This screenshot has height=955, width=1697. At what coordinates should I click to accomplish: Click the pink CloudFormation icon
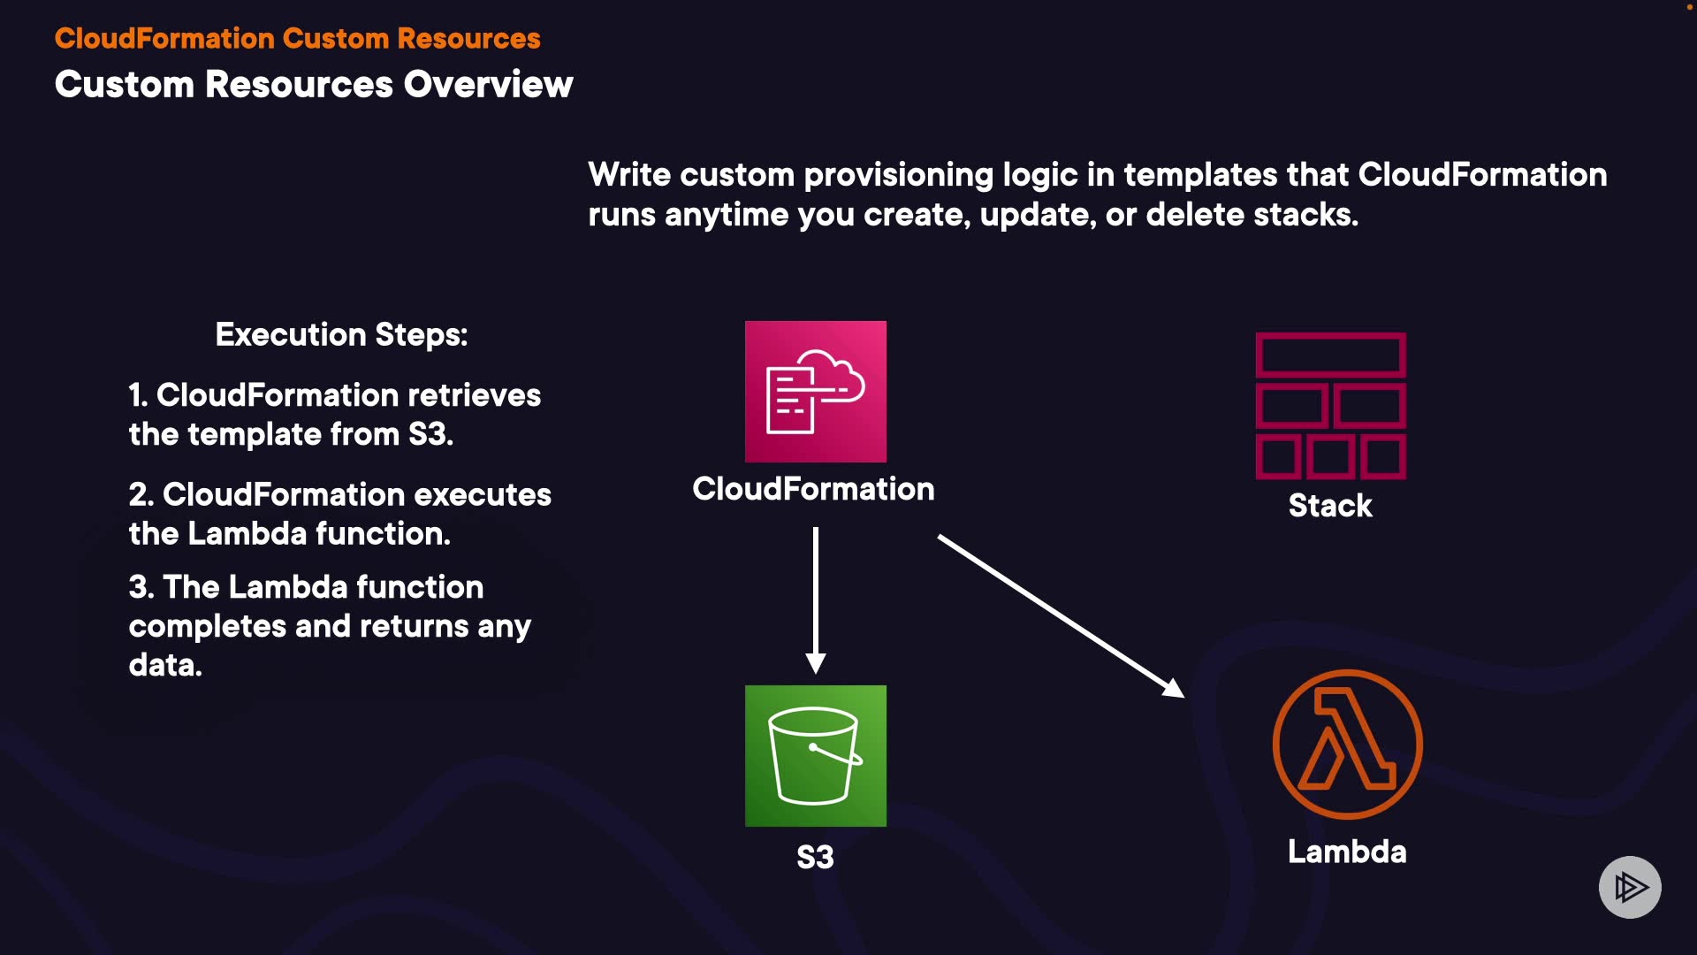tap(815, 391)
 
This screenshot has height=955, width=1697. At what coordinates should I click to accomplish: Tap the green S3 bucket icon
tap(815, 755)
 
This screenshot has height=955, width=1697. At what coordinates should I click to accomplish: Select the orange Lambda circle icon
tap(1347, 744)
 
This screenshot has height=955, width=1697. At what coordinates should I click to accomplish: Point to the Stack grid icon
tap(1330, 406)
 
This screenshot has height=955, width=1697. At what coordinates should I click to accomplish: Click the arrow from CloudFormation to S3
tap(815, 601)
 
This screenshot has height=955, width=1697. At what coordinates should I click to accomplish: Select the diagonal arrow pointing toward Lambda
tap(1061, 615)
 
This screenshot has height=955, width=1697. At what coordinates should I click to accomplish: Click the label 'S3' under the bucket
tap(815, 857)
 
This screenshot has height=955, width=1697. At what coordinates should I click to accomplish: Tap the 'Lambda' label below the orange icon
tap(1347, 852)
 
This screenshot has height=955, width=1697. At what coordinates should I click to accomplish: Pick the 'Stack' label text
tap(1330, 506)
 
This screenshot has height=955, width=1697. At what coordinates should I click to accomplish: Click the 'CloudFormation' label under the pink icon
tap(813, 489)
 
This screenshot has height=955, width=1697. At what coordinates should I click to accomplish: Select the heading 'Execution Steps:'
tap(341, 335)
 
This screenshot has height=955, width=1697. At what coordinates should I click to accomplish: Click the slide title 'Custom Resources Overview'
tap(314, 85)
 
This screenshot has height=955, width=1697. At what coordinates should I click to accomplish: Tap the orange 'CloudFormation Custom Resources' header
tap(297, 39)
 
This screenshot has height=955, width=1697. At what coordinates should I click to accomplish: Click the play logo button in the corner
tap(1630, 887)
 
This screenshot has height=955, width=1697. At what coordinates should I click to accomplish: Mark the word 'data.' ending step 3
tap(165, 665)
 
